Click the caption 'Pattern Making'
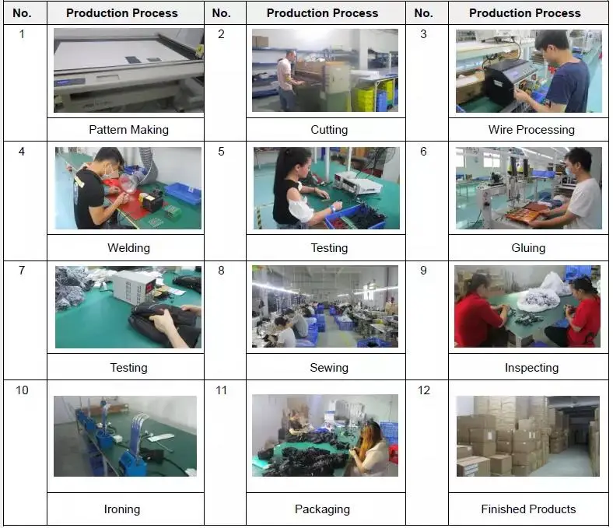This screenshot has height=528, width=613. [128, 130]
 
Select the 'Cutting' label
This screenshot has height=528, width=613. [329, 130]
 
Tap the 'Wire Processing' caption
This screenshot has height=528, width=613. [531, 130]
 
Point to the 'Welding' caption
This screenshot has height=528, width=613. [128, 248]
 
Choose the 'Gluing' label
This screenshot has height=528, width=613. [528, 248]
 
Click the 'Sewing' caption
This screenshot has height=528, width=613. [329, 367]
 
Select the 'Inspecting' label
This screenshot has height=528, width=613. [531, 367]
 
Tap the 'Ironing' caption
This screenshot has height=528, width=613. [122, 509]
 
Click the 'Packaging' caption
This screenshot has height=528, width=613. [322, 509]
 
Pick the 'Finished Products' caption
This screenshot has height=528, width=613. [528, 509]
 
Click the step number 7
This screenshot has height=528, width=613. [22, 271]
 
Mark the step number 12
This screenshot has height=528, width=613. [424, 390]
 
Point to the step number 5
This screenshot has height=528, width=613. [221, 152]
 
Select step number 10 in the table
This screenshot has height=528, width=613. [22, 390]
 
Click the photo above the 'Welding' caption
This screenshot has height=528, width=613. [128, 188]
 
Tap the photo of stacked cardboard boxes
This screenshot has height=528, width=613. [527, 435]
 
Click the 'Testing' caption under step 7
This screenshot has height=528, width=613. [128, 367]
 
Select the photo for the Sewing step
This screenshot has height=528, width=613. [325, 306]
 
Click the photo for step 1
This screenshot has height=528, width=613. [128, 71]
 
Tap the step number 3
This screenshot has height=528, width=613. [423, 34]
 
